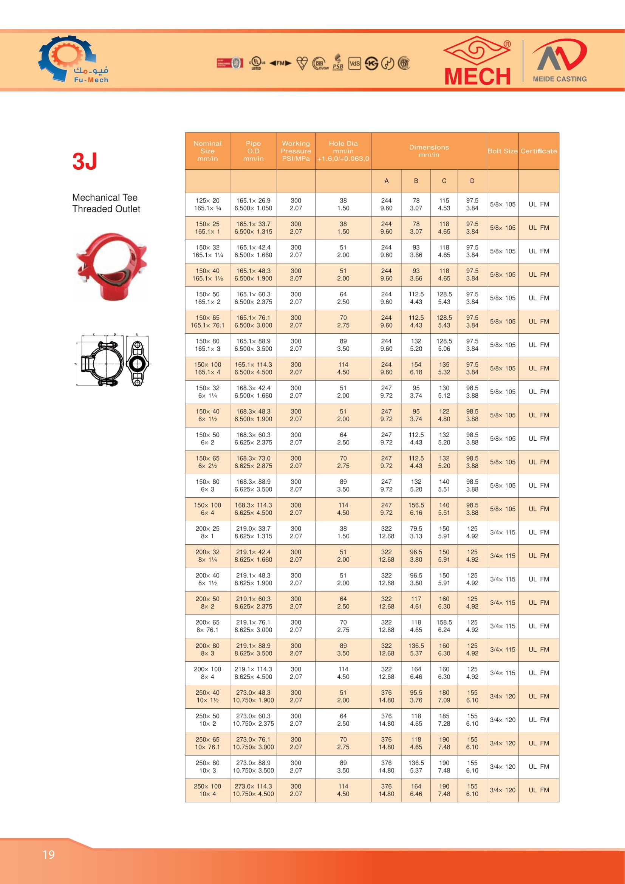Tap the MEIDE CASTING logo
[x=560, y=61]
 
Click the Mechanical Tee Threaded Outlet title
[x=106, y=203]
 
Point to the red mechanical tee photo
[x=111, y=266]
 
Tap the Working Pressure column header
[x=295, y=151]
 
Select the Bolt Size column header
[x=502, y=151]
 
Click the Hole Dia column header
[x=343, y=151]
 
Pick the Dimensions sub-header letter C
[x=444, y=181]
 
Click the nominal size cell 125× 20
[x=207, y=204]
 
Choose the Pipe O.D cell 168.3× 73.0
[x=253, y=462]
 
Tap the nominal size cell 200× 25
[x=207, y=533]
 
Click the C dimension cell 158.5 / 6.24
[x=444, y=626]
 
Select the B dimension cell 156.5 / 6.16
[x=416, y=509]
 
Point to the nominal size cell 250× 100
[x=207, y=790]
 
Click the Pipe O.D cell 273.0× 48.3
[x=253, y=697]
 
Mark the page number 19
[x=48, y=855]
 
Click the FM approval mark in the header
[x=280, y=63]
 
